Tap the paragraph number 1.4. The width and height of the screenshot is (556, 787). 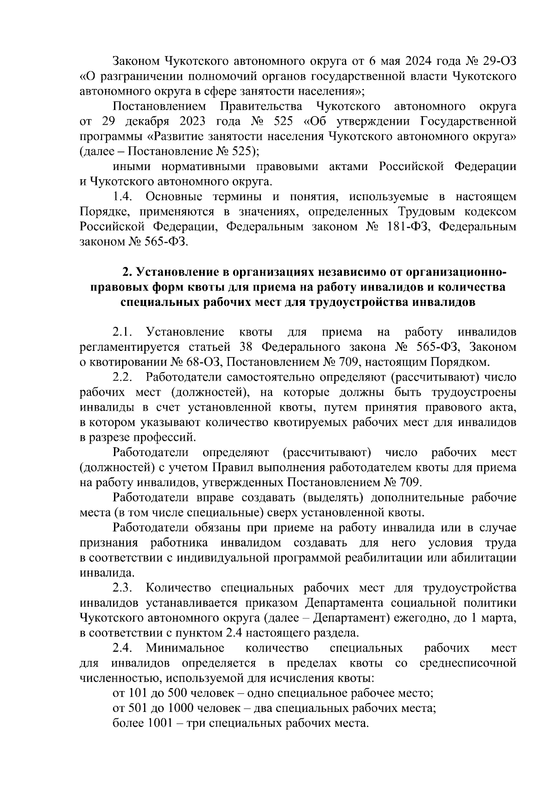pyautogui.click(x=123, y=197)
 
